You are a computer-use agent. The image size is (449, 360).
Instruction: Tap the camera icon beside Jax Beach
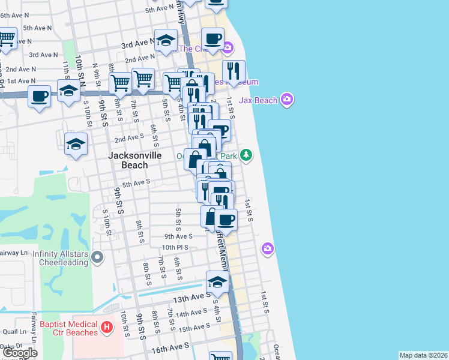coord(287,99)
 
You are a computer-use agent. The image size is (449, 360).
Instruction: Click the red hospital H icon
coord(106,328)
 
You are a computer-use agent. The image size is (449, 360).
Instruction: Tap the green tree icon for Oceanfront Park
coord(246,155)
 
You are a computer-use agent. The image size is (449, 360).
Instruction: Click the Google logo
coord(20,353)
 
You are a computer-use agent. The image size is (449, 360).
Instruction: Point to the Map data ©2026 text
coord(423,355)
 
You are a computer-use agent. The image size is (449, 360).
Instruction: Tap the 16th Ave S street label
coord(170,346)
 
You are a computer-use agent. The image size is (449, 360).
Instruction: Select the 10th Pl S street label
coord(175,247)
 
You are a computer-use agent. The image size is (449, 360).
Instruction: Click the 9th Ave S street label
coord(178,236)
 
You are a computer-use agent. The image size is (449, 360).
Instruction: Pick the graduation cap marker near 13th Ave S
coord(217,281)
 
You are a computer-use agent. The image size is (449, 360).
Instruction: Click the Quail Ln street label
coord(12,331)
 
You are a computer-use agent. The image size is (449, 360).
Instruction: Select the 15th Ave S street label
coord(193,328)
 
